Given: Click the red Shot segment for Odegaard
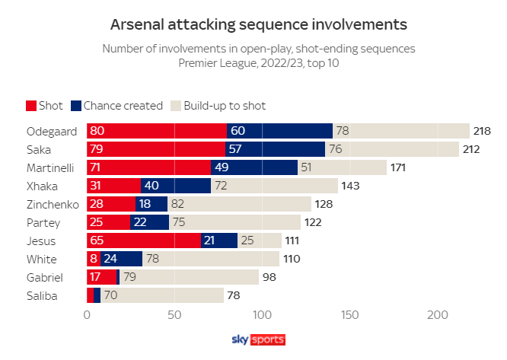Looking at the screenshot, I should [157, 131].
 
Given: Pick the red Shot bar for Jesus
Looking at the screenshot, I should [144, 241].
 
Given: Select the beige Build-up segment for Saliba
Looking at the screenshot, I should [161, 295].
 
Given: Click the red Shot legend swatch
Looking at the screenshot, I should [31, 106].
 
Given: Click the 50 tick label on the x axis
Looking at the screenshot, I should [174, 314].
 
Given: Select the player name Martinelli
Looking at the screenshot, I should [51, 167].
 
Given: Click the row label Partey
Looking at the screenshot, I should [43, 222].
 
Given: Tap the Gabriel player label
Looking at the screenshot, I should [45, 277].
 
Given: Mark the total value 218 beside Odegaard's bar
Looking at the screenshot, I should [482, 131].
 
